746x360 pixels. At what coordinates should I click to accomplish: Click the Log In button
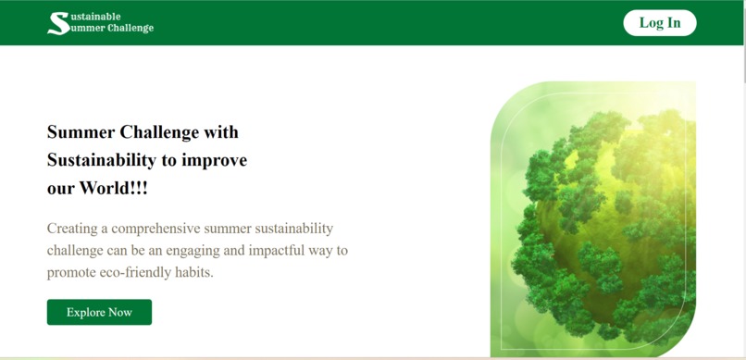point(659,23)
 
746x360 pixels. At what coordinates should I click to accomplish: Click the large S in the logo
point(57,23)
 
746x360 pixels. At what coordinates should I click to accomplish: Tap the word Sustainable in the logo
point(95,16)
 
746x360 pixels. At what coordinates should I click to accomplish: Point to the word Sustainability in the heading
point(102,160)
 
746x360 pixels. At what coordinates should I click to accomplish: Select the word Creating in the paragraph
point(72,228)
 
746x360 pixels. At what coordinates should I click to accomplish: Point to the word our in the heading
point(60,188)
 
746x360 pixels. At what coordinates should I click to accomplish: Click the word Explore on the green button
point(86,313)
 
